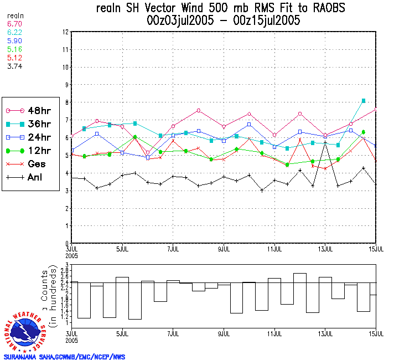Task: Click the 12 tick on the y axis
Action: pyautogui.click(x=65, y=32)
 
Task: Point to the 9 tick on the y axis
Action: pyautogui.click(x=66, y=85)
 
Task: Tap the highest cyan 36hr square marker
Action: pyautogui.click(x=364, y=101)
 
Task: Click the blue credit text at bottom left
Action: pyautogui.click(x=64, y=356)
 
